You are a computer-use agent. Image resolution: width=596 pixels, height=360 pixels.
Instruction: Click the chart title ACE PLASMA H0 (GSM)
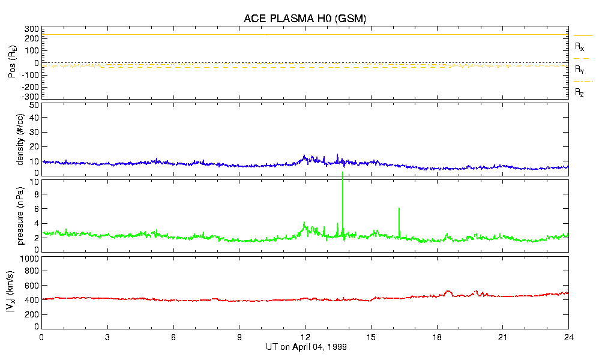[305, 19]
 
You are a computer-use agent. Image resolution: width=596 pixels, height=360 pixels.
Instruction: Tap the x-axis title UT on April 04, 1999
[306, 347]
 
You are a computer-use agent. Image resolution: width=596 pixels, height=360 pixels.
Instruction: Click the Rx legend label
[580, 46]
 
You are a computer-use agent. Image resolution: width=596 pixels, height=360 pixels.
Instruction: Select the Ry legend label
[580, 70]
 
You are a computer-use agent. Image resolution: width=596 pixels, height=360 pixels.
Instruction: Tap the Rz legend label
[580, 92]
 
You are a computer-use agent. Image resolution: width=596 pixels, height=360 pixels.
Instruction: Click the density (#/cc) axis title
[20, 139]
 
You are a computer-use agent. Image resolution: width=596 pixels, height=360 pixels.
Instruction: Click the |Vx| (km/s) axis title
[20, 292]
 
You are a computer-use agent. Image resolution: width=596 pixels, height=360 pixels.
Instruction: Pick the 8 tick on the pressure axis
[35, 194]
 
